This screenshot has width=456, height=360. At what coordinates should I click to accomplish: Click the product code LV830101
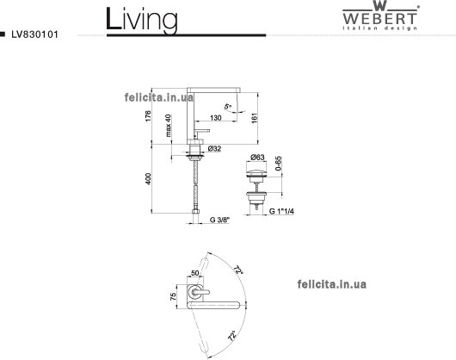pos(35,34)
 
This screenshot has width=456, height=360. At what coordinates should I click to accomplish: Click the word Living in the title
pos(142,20)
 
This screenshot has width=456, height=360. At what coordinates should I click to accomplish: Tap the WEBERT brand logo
pos(380,16)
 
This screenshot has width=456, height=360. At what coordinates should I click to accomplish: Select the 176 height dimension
pos(148,115)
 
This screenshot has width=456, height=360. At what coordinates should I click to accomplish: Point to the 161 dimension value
pos(255,118)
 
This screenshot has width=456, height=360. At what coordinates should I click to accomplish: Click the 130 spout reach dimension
pos(215,118)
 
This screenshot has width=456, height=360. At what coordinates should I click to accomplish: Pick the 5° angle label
pos(228,106)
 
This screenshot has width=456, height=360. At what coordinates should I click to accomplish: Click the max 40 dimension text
pos(168,126)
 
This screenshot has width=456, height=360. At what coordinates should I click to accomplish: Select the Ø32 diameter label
pos(214,149)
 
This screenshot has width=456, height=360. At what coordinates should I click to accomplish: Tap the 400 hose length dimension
pos(148,178)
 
